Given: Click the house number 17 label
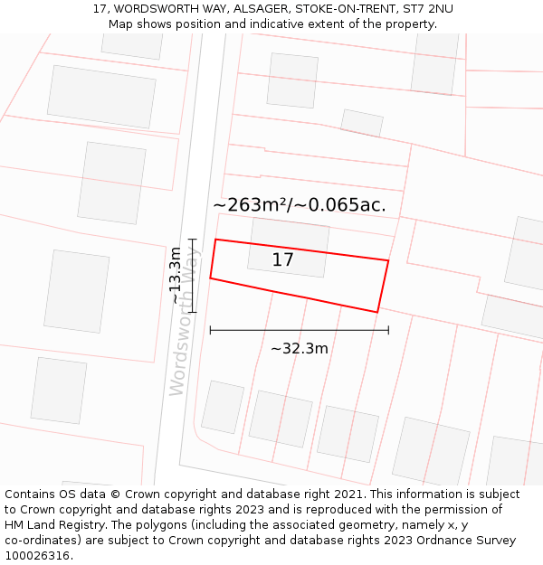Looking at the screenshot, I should [x=283, y=260].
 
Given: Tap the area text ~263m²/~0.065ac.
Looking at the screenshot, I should [x=300, y=205].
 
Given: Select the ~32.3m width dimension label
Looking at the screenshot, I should [x=300, y=348].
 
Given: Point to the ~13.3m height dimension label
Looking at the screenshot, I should [x=176, y=276].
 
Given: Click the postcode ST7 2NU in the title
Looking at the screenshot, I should [x=428, y=8].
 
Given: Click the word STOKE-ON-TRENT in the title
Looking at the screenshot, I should [x=331, y=8].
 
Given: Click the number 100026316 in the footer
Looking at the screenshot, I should [x=37, y=555].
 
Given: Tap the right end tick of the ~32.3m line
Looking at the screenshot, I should [x=388, y=330].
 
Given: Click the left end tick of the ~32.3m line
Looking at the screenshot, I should [x=210, y=330].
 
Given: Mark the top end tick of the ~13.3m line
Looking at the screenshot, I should [x=192, y=240].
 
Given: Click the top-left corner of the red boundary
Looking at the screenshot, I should [x=215, y=240].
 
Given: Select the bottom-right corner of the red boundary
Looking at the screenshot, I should [x=376, y=313].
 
